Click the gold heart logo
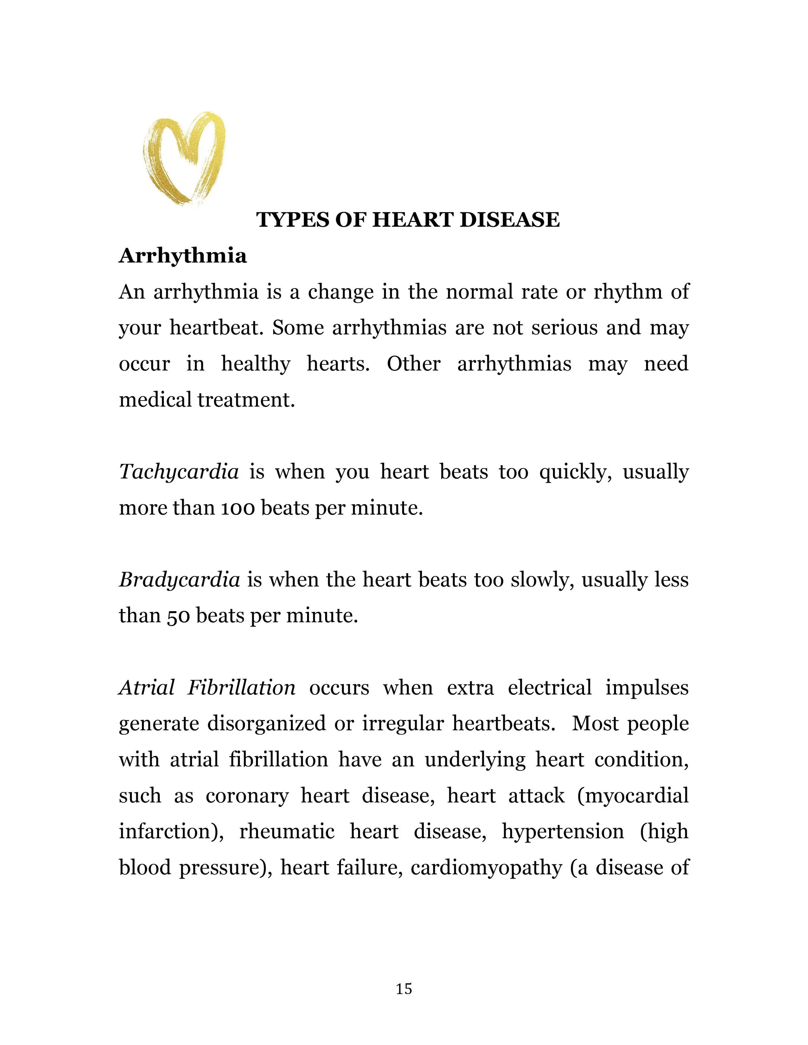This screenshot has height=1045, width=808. (x=184, y=158)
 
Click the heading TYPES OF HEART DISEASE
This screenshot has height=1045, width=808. (x=408, y=220)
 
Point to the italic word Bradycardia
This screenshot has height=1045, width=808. (x=179, y=580)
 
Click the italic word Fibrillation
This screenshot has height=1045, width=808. (x=241, y=688)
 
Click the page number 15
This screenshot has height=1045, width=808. (x=404, y=988)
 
